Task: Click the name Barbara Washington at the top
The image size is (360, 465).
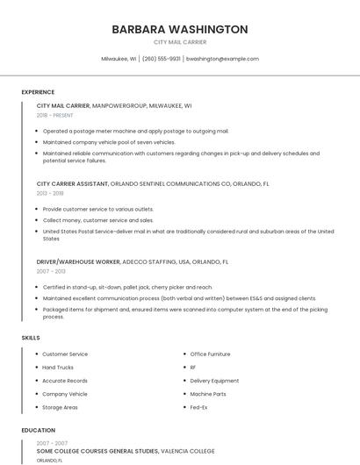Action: click(180, 29)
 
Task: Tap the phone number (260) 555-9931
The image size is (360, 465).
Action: click(161, 59)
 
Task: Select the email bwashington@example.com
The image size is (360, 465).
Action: click(222, 59)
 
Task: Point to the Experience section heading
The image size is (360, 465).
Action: click(38, 92)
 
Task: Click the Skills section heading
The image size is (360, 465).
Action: click(31, 338)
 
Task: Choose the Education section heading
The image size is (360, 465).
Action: click(39, 431)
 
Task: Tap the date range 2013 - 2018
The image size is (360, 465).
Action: click(50, 193)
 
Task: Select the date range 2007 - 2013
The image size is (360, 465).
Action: click(50, 271)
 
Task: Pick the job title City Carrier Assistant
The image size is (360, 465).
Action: click(72, 184)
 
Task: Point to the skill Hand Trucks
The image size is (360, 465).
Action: click(58, 368)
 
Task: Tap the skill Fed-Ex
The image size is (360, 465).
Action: click(198, 407)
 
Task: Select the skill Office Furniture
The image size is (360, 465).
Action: click(210, 354)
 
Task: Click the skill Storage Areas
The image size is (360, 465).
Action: click(60, 407)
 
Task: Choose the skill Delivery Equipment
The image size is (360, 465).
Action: click(214, 381)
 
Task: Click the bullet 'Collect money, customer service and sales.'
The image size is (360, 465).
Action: click(97, 220)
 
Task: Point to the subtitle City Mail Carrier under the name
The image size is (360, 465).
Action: click(180, 42)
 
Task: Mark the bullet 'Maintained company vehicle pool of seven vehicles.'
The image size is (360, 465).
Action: click(109, 142)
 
